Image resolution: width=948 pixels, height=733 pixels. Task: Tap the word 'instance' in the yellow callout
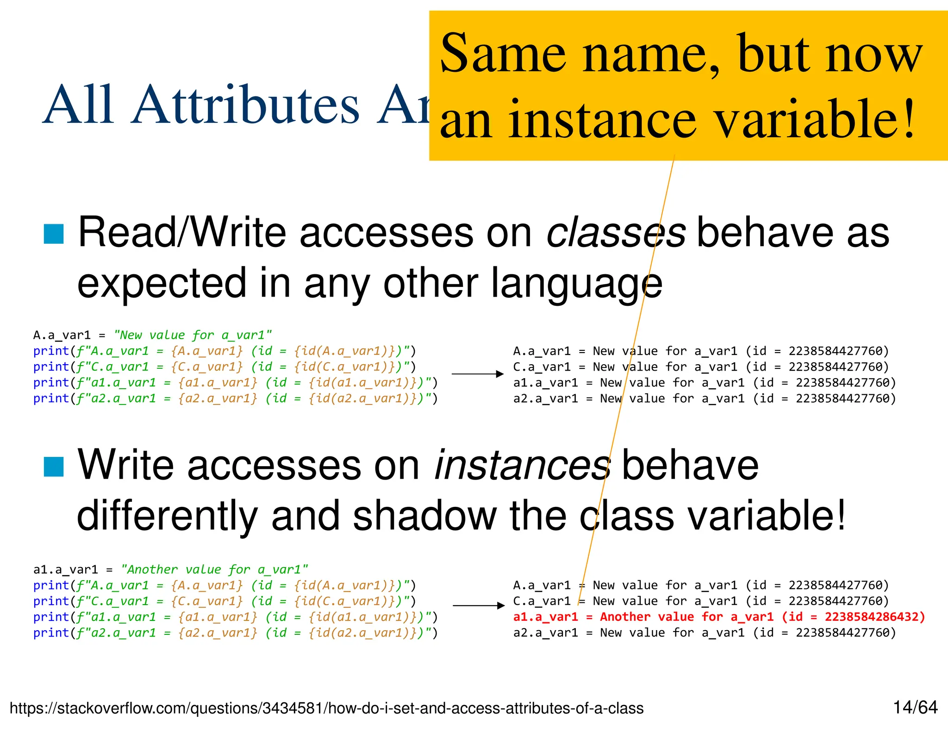(602, 120)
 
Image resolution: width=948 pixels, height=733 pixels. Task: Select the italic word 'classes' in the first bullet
(616, 232)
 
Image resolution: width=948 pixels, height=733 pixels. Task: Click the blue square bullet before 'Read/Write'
(53, 234)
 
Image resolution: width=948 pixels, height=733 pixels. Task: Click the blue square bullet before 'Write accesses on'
(53, 467)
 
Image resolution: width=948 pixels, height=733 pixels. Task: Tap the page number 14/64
(915, 708)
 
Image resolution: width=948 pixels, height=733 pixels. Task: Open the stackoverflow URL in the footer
(326, 708)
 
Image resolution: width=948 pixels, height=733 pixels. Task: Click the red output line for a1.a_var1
(719, 617)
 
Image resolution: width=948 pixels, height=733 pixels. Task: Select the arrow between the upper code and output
(477, 374)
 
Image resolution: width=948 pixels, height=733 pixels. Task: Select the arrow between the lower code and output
(478, 606)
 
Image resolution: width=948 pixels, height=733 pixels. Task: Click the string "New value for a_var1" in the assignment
(193, 335)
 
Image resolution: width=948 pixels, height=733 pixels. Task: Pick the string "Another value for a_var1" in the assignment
(214, 569)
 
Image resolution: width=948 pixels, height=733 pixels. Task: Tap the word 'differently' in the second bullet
(167, 516)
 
